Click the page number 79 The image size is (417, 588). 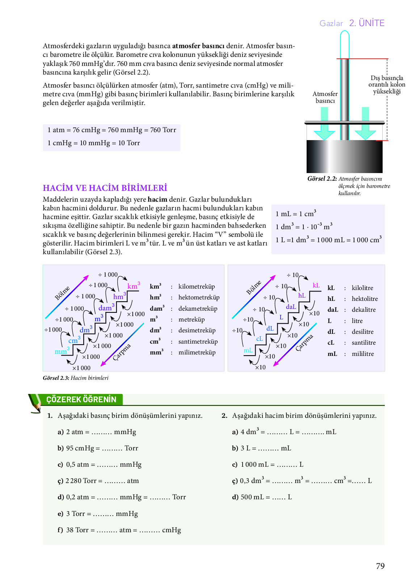tap(380, 566)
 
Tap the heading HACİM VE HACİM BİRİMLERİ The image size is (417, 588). tap(105, 188)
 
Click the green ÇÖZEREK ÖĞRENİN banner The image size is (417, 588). tap(81, 399)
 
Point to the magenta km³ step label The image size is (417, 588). tap(133, 286)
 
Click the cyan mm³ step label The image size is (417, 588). tap(62, 351)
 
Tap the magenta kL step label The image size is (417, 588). tap(316, 285)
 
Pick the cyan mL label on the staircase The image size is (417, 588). tap(248, 350)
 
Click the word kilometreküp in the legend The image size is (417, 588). tap(197, 286)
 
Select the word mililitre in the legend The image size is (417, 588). tap(363, 354)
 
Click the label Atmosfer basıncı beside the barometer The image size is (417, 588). tap(325, 97)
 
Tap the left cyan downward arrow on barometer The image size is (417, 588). tap(324, 125)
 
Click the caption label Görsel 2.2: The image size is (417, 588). tap(322, 178)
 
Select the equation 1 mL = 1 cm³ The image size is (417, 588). tap(296, 214)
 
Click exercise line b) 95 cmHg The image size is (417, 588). tap(98, 448)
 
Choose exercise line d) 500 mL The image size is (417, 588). tap(262, 497)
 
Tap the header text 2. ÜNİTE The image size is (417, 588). tap(367, 23)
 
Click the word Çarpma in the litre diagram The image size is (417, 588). tap(304, 343)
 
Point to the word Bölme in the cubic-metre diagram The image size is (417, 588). tap(62, 293)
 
